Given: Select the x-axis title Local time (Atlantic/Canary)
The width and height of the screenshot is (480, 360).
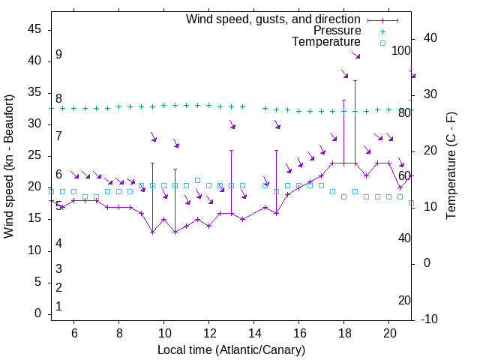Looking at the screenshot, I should pyautogui.click(x=232, y=349).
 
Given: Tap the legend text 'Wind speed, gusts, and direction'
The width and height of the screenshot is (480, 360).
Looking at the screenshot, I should pyautogui.click(x=274, y=19).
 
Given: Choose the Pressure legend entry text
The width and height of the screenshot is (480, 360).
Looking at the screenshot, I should pyautogui.click(x=337, y=31).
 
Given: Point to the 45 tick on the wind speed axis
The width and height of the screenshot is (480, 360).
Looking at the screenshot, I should pyautogui.click(x=34, y=29).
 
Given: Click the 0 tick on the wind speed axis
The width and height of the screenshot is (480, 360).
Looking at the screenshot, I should pyautogui.click(x=37, y=313).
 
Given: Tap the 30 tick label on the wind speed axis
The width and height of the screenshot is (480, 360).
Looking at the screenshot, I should pyautogui.click(x=34, y=124).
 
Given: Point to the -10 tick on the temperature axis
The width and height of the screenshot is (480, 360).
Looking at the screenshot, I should pyautogui.click(x=430, y=319).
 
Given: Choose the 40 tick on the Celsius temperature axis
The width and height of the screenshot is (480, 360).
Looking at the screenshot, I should pyautogui.click(x=430, y=38).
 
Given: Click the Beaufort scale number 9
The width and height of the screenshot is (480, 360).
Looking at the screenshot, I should pyautogui.click(x=58, y=55).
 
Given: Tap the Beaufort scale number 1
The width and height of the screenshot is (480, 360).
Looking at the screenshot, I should pyautogui.click(x=58, y=306).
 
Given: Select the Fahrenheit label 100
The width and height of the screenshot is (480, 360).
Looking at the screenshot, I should pyautogui.click(x=402, y=50).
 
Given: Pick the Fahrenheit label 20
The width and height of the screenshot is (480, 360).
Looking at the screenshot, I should pyautogui.click(x=404, y=300).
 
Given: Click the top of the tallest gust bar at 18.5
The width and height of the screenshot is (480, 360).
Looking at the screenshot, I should pyautogui.click(x=355, y=80).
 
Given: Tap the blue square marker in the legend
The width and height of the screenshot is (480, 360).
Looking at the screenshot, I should pyautogui.click(x=382, y=43).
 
